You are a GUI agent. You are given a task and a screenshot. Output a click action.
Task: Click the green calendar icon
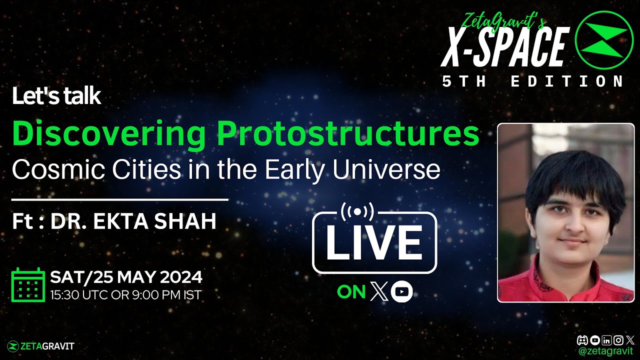(x=28, y=285)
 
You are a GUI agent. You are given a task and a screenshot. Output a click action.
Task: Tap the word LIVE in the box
(x=374, y=243)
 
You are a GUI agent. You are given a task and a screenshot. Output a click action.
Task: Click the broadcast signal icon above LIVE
(x=357, y=211)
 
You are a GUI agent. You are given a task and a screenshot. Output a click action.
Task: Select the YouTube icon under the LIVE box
(x=401, y=292)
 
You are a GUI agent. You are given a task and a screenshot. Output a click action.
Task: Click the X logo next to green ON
(x=379, y=292)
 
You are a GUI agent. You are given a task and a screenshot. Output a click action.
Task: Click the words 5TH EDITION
(x=533, y=81)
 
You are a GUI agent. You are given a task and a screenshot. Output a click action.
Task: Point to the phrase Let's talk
(x=56, y=97)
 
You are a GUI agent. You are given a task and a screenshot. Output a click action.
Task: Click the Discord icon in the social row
(x=582, y=340)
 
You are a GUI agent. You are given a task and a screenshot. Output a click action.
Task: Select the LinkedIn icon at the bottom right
(x=606, y=340)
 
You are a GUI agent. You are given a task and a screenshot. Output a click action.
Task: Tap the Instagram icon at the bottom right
(x=618, y=340)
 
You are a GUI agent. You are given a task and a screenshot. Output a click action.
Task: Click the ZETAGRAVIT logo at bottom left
(x=41, y=346)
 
